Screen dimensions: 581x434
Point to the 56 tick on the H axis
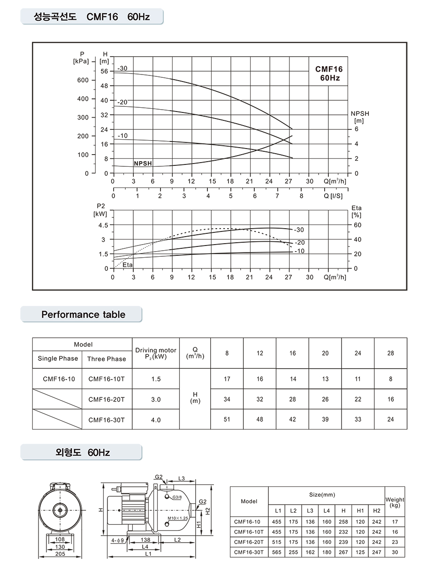coord(104,71)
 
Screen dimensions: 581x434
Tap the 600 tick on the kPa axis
coord(83,80)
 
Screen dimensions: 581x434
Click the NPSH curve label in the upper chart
coord(143,164)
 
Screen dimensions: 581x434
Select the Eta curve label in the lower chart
coord(127,265)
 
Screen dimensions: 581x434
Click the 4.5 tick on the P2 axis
coord(103,225)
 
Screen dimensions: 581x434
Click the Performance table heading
coord(83,314)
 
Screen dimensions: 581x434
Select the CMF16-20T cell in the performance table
coord(107,400)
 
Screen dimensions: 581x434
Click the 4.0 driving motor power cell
coord(156,420)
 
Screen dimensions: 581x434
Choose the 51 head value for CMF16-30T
coord(227,420)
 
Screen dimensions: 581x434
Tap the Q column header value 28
coord(390,353)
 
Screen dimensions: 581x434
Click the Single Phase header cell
coord(58,359)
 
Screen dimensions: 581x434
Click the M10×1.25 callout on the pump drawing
coord(177,519)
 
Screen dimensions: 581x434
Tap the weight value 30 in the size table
coord(395,552)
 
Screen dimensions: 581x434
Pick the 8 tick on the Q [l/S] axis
coord(301,196)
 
